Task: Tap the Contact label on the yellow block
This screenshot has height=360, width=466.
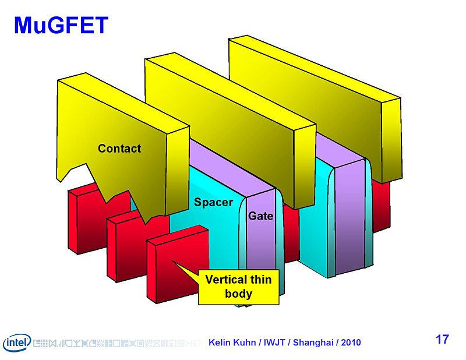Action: [119, 149]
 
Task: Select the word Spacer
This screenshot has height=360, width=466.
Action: [213, 202]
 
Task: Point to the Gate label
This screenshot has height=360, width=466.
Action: [260, 216]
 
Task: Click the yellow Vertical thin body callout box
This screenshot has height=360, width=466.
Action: [238, 287]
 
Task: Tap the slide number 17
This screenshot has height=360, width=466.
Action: [442, 339]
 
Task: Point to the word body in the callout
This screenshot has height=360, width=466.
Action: [238, 293]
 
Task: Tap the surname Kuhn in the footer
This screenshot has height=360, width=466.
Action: [246, 343]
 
